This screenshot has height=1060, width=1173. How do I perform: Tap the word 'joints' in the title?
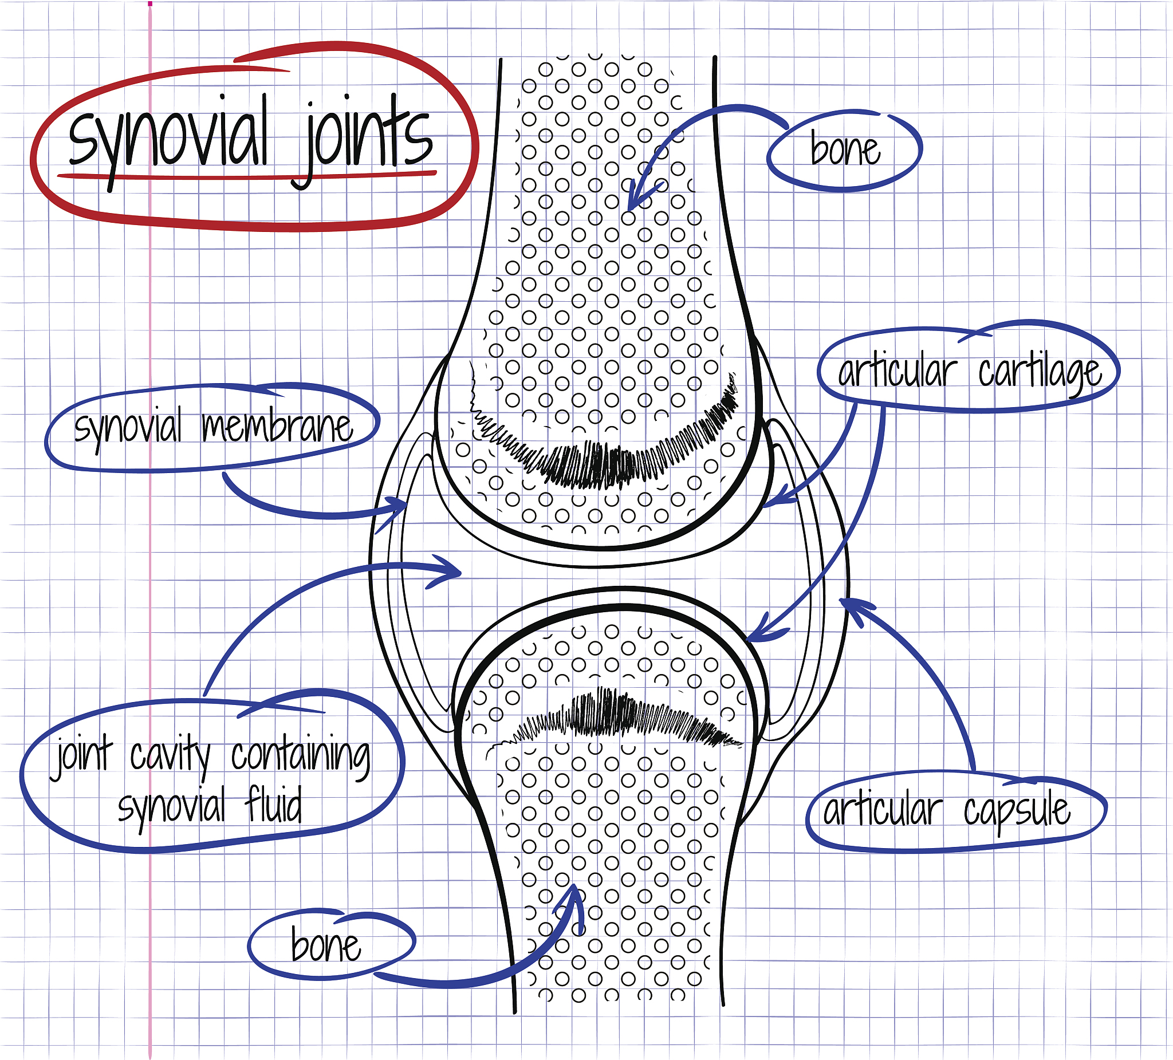367,140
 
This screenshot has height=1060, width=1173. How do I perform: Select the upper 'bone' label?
845,150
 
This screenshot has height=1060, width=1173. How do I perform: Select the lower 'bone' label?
326,946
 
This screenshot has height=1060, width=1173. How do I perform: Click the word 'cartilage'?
1040,373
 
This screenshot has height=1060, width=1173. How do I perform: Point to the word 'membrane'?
277,427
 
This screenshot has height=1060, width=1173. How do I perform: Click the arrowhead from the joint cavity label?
448,573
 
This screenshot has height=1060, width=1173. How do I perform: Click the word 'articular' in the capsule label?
882,811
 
